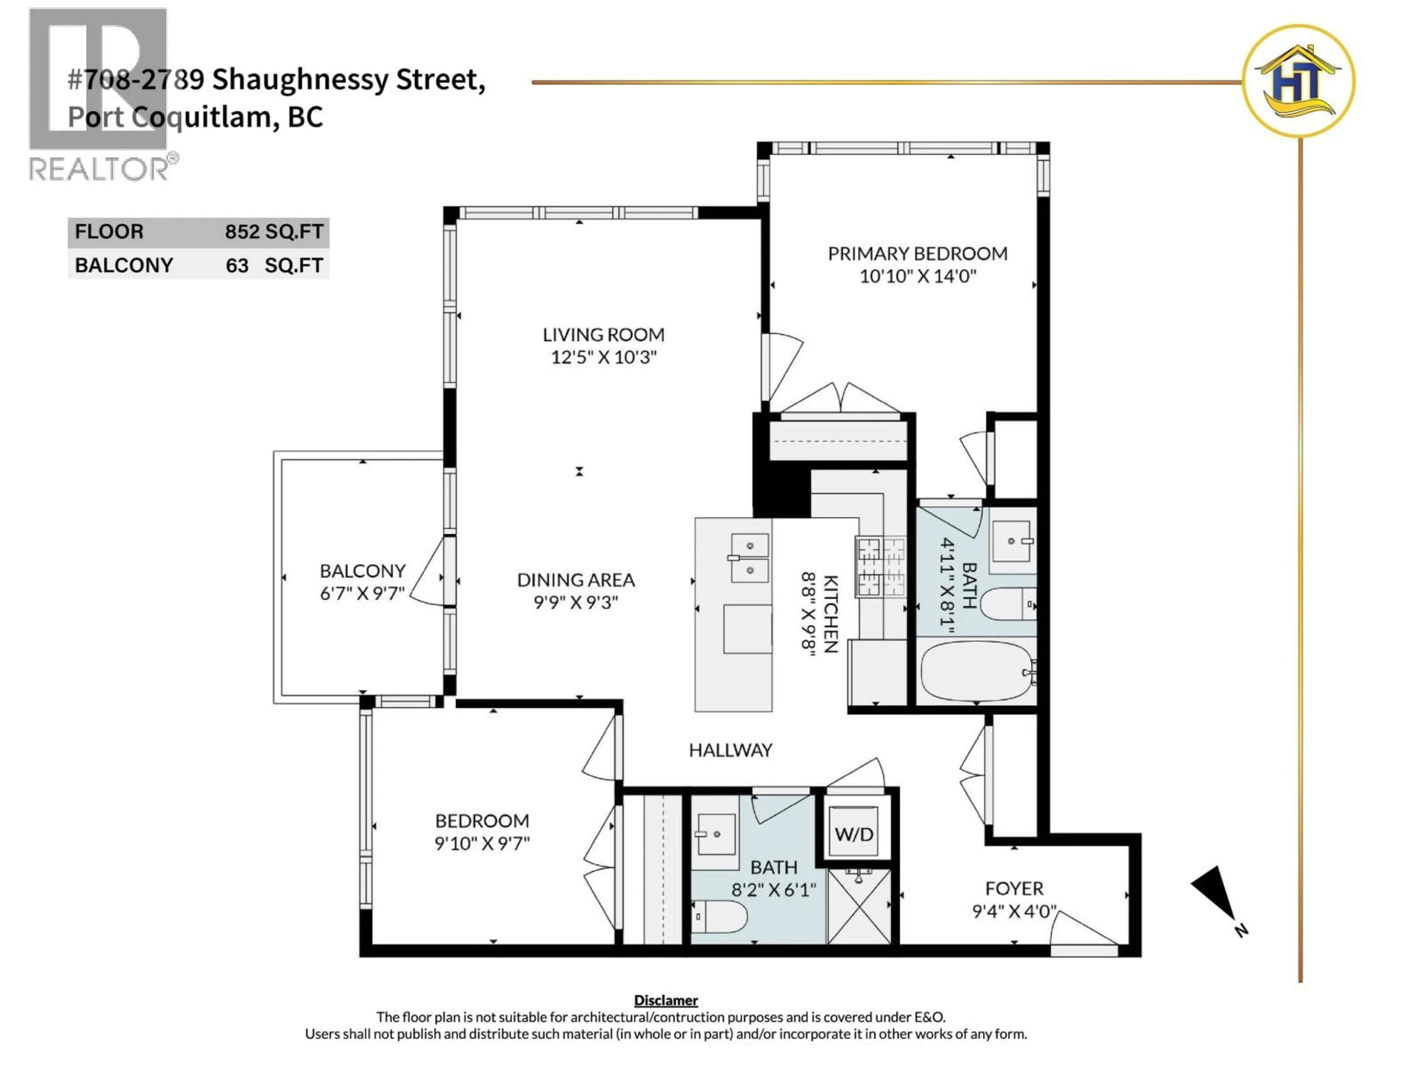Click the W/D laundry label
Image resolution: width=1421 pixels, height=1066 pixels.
click(x=854, y=834)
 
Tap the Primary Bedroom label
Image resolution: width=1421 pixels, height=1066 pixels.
click(x=917, y=254)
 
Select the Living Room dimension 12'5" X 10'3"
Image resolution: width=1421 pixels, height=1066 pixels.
click(x=604, y=357)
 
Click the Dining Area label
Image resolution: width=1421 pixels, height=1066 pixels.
click(x=575, y=580)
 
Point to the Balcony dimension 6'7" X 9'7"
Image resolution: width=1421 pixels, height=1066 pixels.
click(x=362, y=593)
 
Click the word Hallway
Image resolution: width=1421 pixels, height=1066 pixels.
click(x=730, y=750)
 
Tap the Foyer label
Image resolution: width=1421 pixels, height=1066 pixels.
click(x=1014, y=889)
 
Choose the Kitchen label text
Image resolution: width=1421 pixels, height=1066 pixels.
click(x=830, y=614)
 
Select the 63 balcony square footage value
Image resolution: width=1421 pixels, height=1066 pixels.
click(x=237, y=265)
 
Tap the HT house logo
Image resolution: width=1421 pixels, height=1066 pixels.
click(x=1298, y=81)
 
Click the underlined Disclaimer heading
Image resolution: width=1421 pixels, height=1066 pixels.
click(x=665, y=1000)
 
